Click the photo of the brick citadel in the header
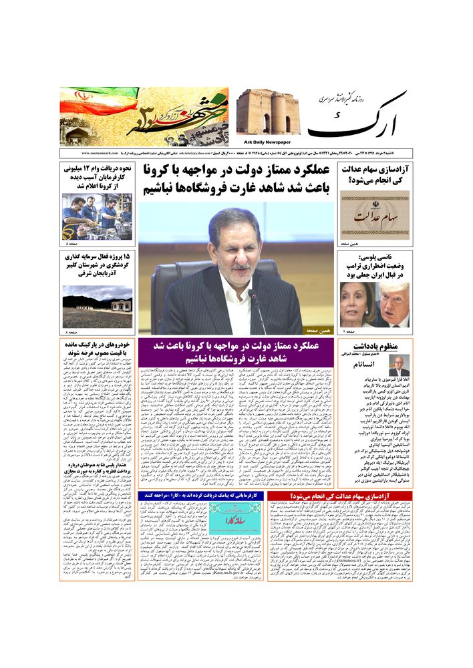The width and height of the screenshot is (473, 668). [x=267, y=112]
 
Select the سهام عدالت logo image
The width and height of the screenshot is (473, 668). [x=375, y=216]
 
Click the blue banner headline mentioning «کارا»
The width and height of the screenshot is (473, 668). [x=201, y=496]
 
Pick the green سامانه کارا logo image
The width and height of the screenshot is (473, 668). [x=226, y=517]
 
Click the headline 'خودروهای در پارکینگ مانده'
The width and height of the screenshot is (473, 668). [x=98, y=350]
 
